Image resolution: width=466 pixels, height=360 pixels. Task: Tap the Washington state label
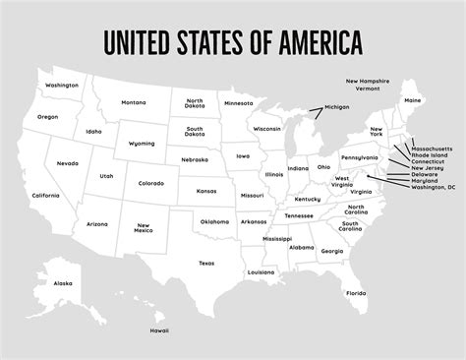[61, 86]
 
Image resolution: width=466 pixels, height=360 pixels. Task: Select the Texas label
[206, 263]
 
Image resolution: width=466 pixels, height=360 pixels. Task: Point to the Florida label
[356, 292]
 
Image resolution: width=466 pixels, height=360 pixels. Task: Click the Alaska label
[63, 283]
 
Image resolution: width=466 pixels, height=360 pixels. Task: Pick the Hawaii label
[159, 331]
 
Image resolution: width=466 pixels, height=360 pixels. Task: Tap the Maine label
[413, 100]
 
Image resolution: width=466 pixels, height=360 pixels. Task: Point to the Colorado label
[150, 183]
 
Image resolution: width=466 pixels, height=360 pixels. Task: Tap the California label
[45, 196]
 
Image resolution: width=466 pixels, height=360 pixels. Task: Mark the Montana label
[134, 102]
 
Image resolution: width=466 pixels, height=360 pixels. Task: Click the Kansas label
[205, 191]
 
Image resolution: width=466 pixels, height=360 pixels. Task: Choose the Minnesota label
[238, 102]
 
